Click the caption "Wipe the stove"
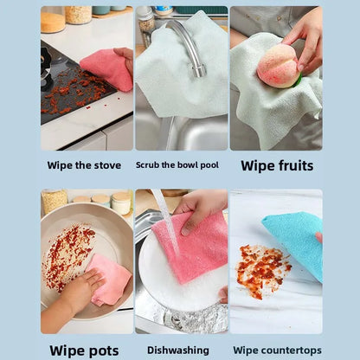[84, 165]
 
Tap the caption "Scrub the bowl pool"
[177, 165]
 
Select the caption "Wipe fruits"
[277, 165]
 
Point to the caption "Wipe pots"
[84, 350]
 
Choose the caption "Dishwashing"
[178, 350]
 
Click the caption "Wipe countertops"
[277, 350]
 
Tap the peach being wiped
[278, 66]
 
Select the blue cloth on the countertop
[294, 241]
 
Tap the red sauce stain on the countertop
[261, 270]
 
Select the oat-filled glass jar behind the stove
[78, 15]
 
